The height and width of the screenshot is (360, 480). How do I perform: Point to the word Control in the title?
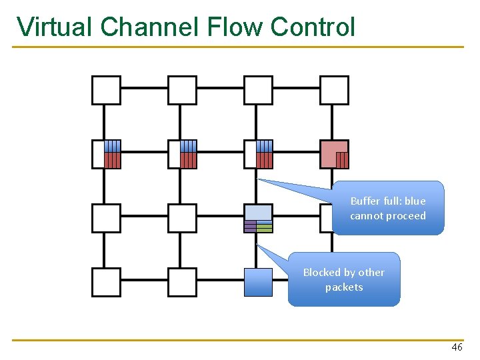click(313, 27)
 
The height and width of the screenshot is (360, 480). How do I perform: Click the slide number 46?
click(457, 347)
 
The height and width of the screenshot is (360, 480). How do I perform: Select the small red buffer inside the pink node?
click(342, 160)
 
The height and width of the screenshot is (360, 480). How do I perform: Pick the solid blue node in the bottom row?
click(258, 282)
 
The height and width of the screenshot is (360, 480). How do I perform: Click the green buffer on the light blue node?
click(265, 227)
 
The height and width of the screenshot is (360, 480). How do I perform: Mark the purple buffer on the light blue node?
click(250, 227)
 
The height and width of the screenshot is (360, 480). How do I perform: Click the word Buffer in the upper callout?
click(365, 201)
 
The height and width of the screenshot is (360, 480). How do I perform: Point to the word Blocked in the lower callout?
click(322, 273)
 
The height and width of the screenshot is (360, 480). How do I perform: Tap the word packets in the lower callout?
click(344, 287)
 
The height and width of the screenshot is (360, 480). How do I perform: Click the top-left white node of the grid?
click(106, 90)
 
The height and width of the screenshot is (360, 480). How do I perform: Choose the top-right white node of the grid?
click(334, 90)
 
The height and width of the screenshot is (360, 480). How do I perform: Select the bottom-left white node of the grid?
click(106, 282)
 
